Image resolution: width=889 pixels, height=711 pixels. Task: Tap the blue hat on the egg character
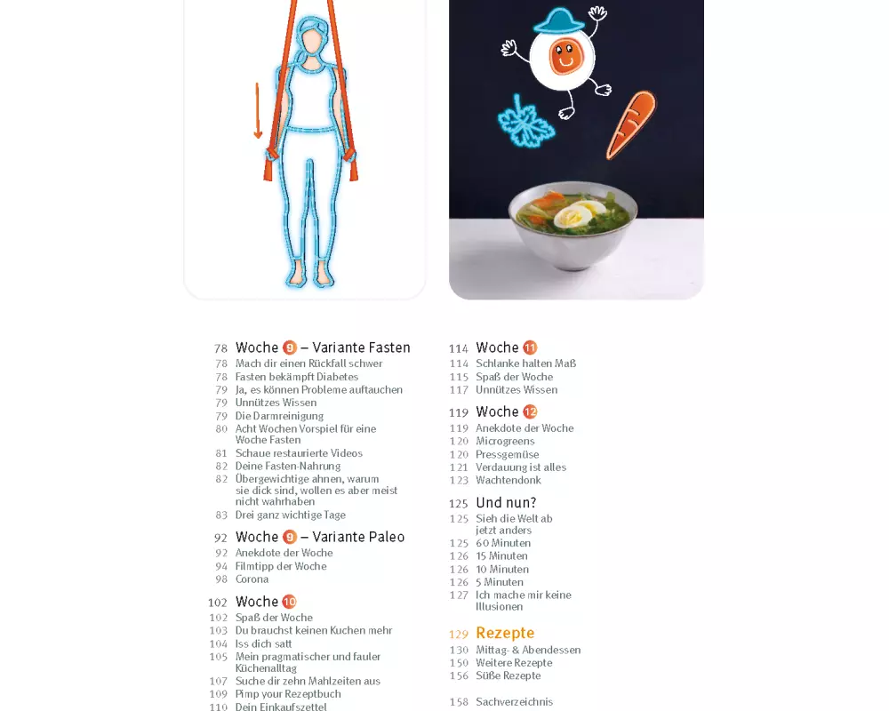[559, 21]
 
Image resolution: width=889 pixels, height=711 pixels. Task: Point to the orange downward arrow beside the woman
[258, 110]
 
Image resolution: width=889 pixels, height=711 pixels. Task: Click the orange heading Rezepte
[505, 633]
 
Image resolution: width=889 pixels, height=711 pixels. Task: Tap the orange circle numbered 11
[530, 348]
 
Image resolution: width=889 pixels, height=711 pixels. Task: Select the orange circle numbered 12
[530, 411]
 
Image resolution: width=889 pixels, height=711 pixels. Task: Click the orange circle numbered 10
[290, 602]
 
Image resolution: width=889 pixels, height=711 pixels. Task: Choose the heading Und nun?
[507, 503]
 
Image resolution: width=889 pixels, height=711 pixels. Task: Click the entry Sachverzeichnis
[514, 702]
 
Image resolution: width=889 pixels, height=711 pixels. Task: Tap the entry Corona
[252, 579]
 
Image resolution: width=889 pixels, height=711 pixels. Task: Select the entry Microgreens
[505, 441]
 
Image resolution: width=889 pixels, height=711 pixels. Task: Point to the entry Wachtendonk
[509, 480]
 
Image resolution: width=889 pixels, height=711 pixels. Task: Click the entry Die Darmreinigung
[279, 416]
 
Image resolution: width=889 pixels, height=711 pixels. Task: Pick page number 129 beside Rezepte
[459, 635]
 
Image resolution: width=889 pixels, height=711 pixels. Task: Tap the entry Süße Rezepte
[509, 675]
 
